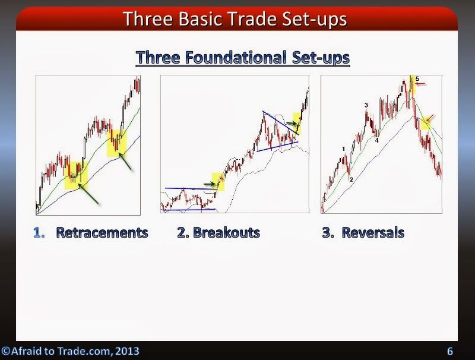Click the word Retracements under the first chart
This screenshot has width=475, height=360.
click(x=102, y=233)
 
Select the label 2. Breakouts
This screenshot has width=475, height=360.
click(x=218, y=233)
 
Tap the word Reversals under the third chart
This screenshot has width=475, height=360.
click(x=370, y=233)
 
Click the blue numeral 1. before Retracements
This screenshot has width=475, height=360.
click(x=39, y=233)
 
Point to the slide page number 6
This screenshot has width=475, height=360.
click(x=450, y=350)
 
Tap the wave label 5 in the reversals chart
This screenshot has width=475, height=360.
click(x=417, y=78)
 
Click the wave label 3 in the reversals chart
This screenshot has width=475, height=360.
click(x=366, y=105)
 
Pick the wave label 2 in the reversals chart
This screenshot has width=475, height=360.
click(x=351, y=179)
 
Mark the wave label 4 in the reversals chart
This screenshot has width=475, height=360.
click(x=376, y=140)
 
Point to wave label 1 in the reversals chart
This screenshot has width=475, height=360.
click(x=344, y=149)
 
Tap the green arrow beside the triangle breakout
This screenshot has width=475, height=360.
click(x=291, y=124)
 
